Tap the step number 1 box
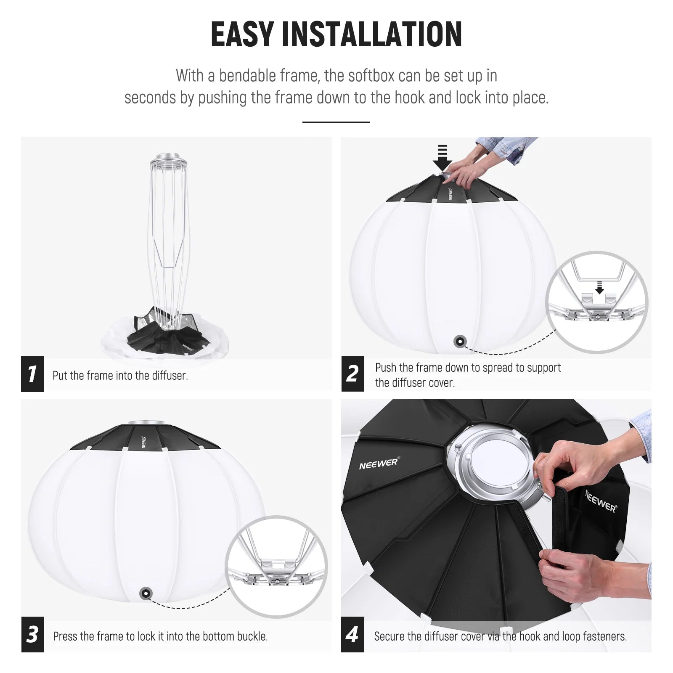pyautogui.click(x=32, y=374)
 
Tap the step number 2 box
pyautogui.click(x=352, y=374)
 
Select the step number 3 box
pyautogui.click(x=32, y=634)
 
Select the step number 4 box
pyautogui.click(x=352, y=634)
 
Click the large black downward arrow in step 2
pyautogui.click(x=442, y=159)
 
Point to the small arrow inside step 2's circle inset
pyautogui.click(x=600, y=288)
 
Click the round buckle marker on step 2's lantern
pyautogui.click(x=460, y=341)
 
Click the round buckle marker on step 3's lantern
pyautogui.click(x=146, y=594)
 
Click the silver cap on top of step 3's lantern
pyautogui.click(x=144, y=423)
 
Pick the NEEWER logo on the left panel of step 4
pyautogui.click(x=379, y=463)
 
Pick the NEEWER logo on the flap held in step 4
pyautogui.click(x=601, y=501)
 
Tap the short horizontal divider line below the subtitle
pyautogui.click(x=336, y=122)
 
